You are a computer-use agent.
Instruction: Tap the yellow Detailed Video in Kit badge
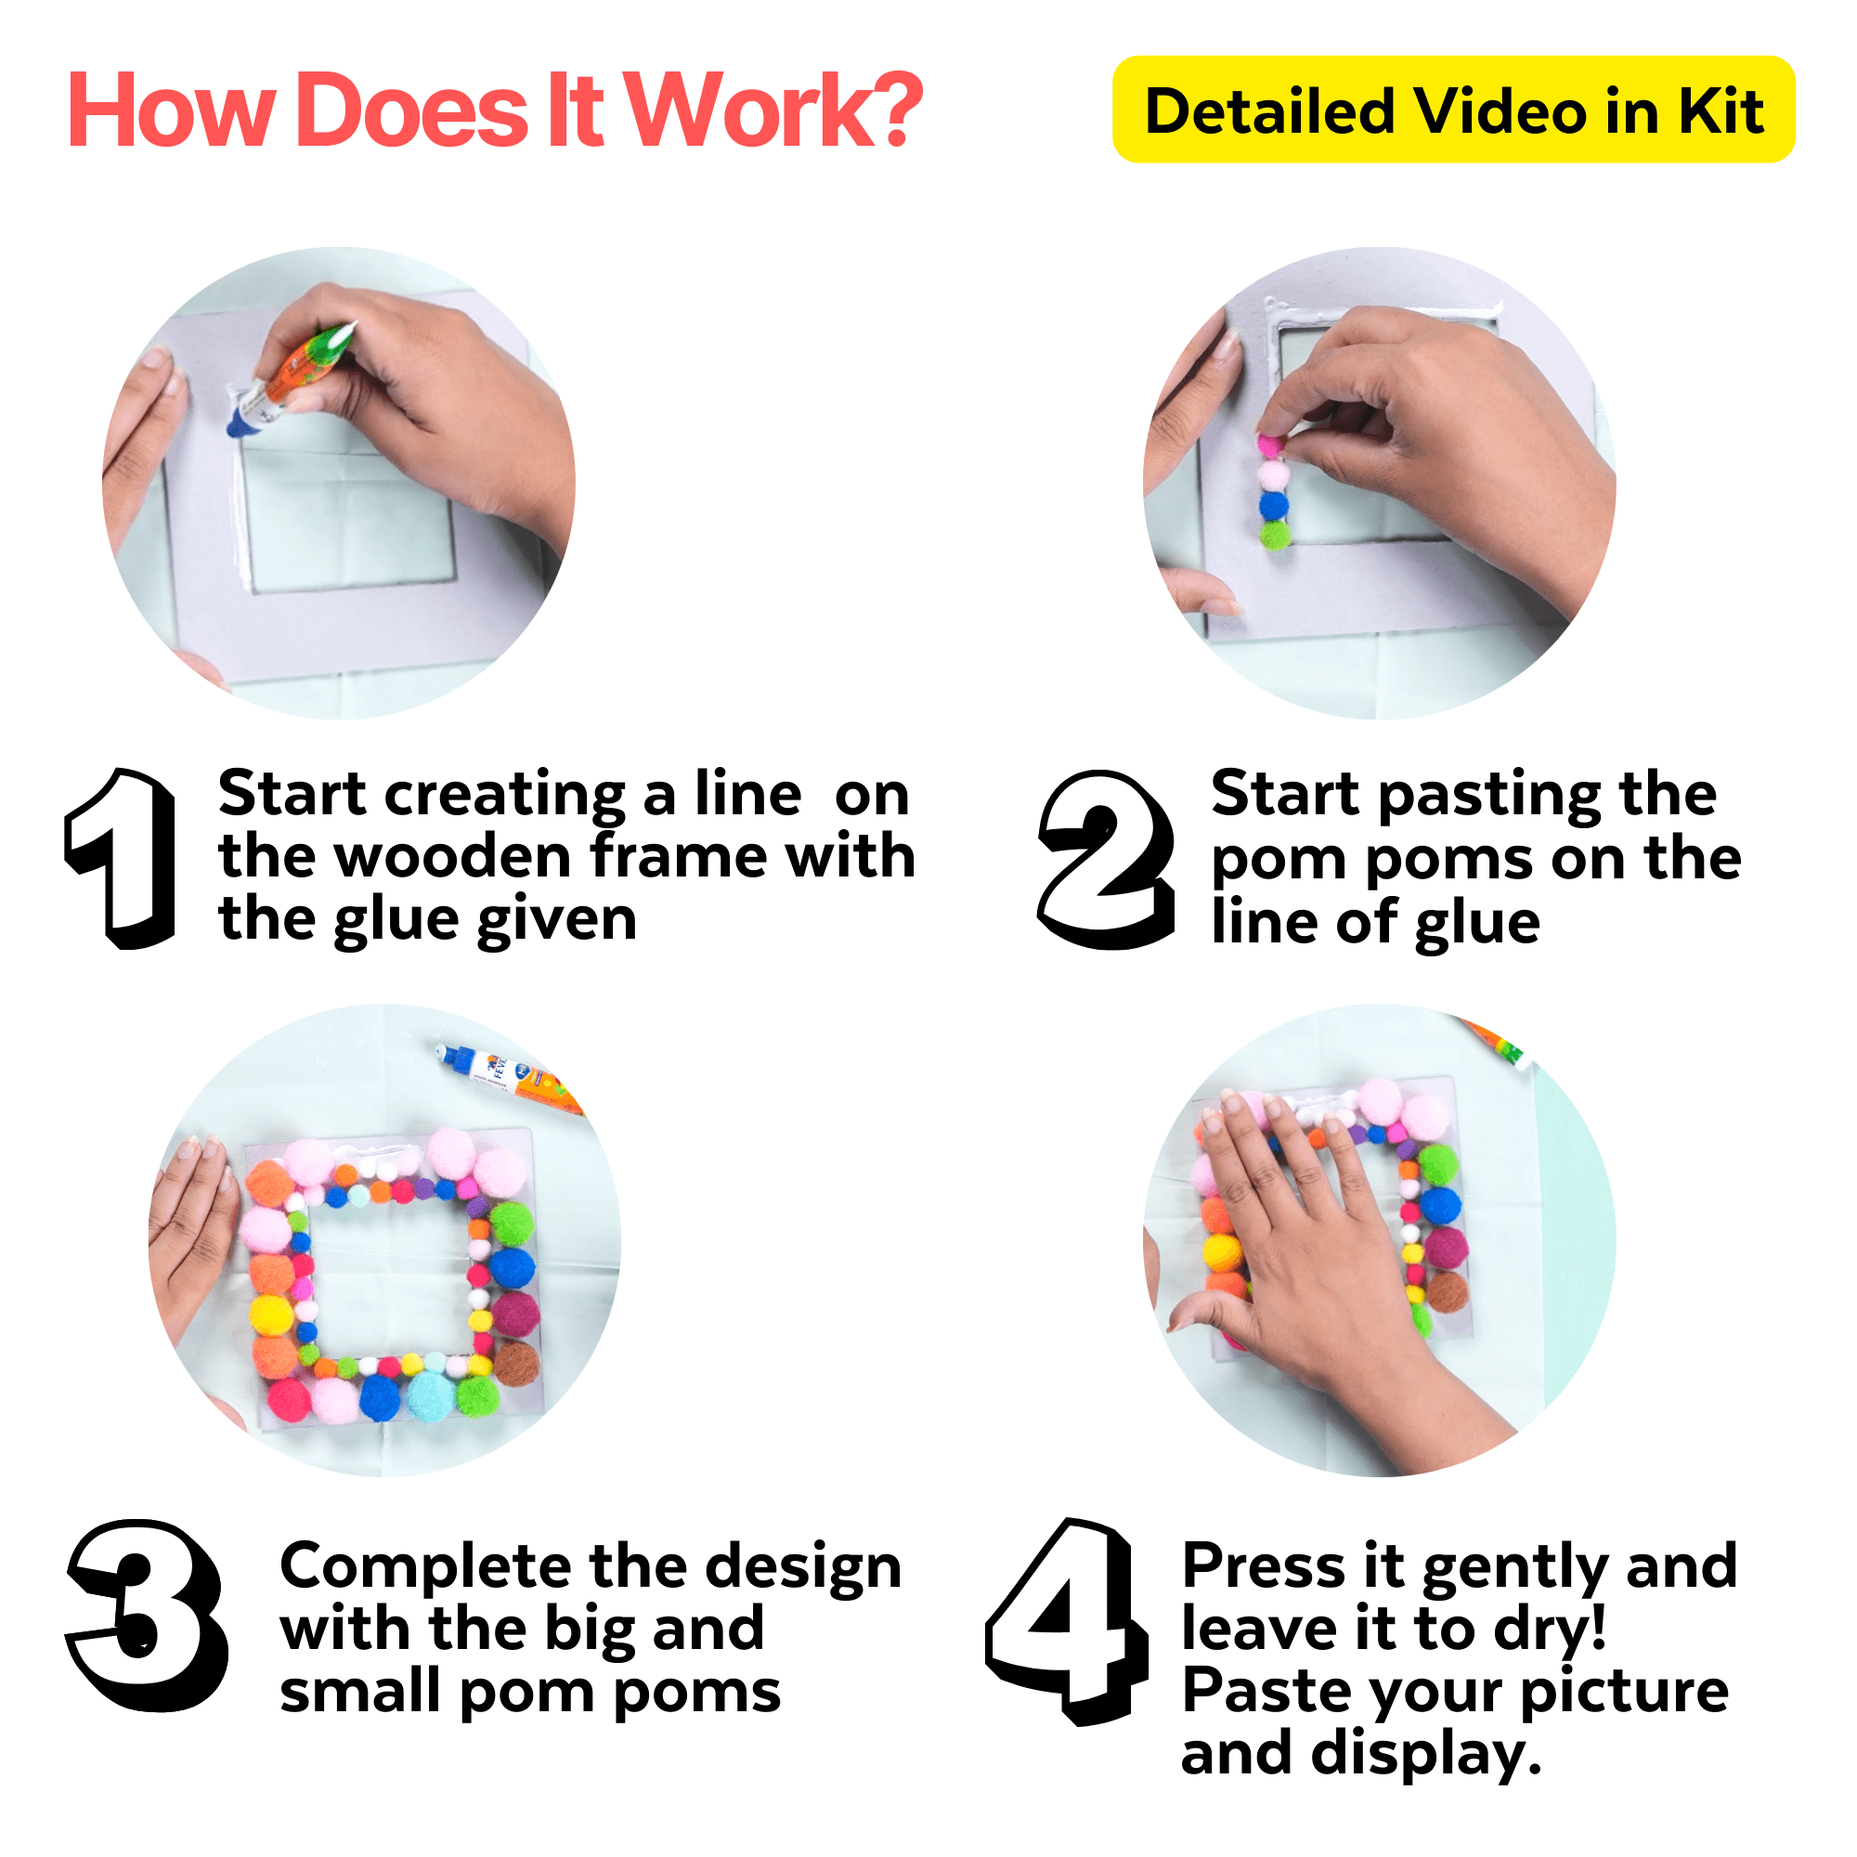(1452, 110)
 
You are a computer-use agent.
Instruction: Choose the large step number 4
(1067, 1619)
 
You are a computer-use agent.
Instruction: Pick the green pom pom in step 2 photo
(1275, 535)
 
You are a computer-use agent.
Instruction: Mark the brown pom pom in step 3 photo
(517, 1363)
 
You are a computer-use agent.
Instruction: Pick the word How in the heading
(171, 111)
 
